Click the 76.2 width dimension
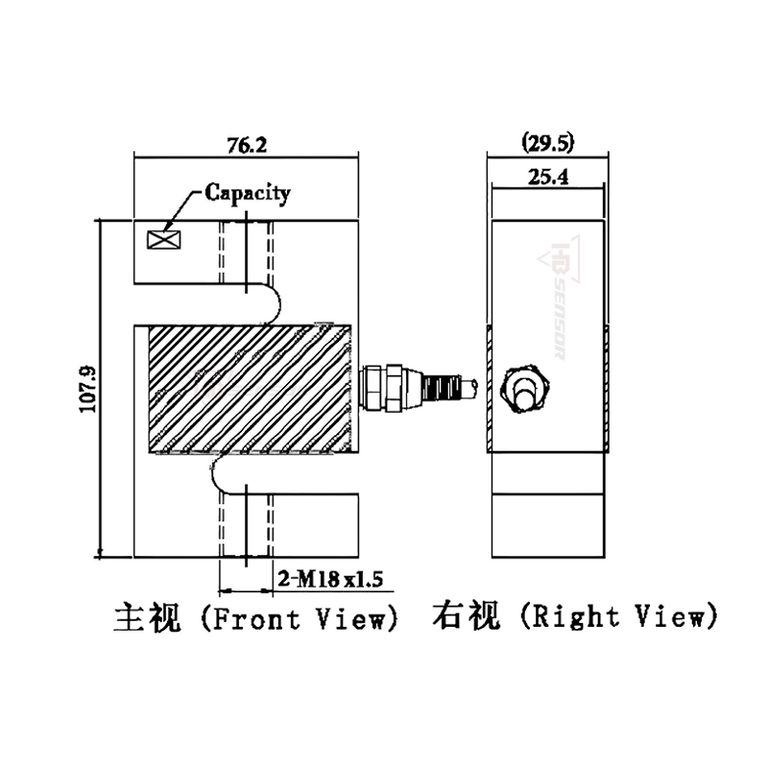[247, 146]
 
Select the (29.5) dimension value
[547, 144]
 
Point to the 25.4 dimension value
[547, 176]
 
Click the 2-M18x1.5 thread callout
[330, 579]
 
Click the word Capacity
[247, 192]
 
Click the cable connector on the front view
[413, 386]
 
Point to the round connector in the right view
[525, 386]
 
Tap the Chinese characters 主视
[148, 615]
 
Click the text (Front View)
[300, 617]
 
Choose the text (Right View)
[618, 617]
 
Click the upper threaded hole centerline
[247, 252]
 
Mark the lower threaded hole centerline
[247, 523]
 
